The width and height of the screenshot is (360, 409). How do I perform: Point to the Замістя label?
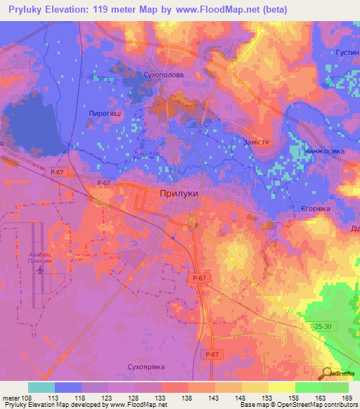256,142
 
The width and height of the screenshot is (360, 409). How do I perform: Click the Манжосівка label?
323,152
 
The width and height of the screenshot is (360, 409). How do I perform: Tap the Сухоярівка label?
146,365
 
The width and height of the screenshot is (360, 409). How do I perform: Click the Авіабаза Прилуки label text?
40,256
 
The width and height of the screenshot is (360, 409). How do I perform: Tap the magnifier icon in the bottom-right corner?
328,374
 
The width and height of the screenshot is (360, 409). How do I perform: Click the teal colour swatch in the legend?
41,387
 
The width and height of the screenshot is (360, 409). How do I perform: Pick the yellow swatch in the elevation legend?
281,387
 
